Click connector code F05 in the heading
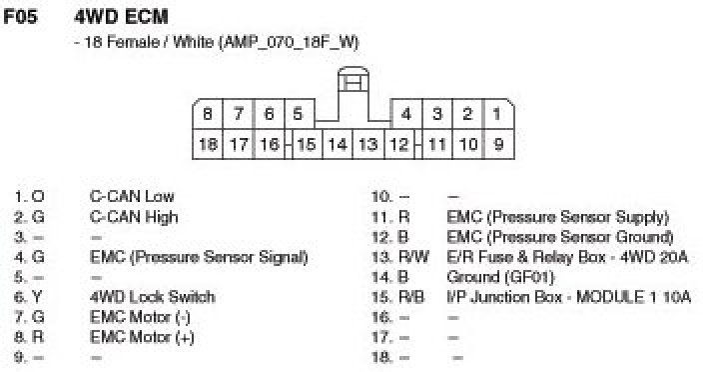pos(20,17)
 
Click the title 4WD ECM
pos(121,17)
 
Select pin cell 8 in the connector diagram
pos(208,114)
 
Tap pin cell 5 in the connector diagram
pos(299,114)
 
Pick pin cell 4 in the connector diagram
pos(406,114)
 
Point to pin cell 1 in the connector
pos(497,114)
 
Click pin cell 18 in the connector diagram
pos(208,144)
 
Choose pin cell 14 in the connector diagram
pos(338,144)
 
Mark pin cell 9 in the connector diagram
pos(498,144)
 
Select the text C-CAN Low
pos(132,197)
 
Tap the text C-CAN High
pos(134,217)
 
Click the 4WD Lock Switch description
pos(153,297)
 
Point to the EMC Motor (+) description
pos(142,337)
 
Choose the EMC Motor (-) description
pos(141,317)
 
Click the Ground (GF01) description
pos(500,277)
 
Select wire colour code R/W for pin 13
pos(413,257)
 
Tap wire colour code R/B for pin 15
pos(411,297)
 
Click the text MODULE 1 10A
pos(633,297)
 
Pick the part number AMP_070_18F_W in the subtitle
pos(289,43)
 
